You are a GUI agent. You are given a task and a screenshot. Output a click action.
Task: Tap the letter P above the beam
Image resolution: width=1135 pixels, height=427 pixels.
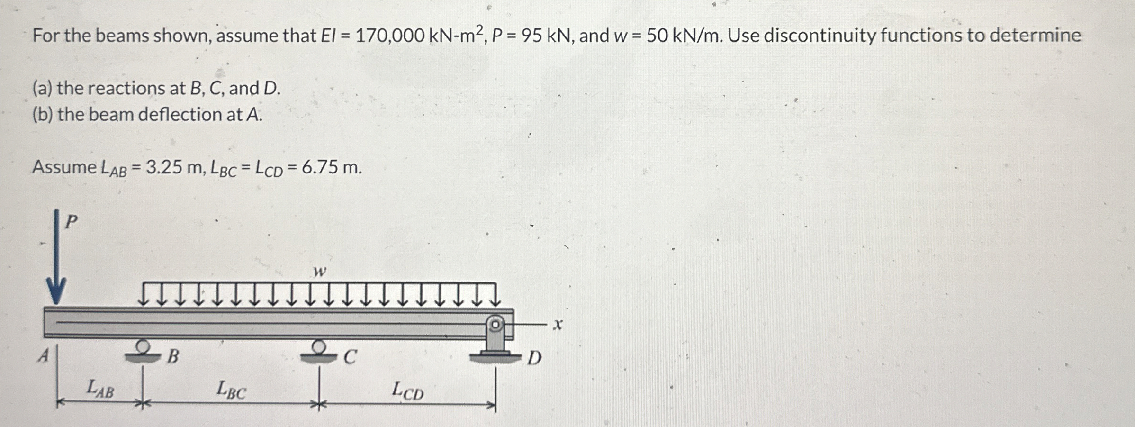71,221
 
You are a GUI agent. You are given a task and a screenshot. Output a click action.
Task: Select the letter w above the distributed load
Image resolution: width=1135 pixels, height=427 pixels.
320,272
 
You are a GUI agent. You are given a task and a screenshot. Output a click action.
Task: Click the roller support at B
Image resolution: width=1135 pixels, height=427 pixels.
143,351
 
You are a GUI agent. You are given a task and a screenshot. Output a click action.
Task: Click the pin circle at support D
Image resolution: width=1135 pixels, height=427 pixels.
495,325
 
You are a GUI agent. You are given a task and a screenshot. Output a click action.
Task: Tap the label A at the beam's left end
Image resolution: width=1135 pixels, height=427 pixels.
44,355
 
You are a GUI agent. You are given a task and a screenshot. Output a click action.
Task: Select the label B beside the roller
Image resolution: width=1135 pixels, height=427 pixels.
173,356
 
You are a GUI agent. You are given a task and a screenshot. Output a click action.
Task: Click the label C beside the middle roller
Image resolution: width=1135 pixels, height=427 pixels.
349,357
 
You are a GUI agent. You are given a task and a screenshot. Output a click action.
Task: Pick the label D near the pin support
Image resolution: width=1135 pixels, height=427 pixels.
534,358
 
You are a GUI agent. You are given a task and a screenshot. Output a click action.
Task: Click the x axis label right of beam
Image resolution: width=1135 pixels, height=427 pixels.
558,325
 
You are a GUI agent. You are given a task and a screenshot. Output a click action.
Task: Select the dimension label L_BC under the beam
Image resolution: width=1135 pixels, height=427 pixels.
231,390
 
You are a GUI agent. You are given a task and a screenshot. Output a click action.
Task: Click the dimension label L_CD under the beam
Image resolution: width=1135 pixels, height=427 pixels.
407,391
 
